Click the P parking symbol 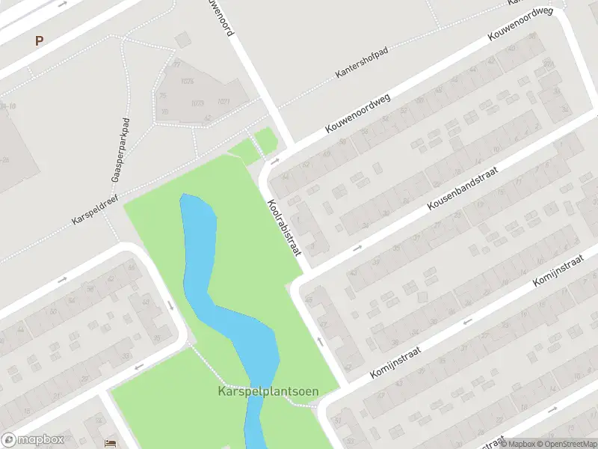(x=39, y=41)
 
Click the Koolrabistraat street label (x=284, y=227)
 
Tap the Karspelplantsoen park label (x=268, y=391)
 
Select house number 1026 (x=187, y=81)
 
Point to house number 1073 (x=197, y=103)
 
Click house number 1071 (x=223, y=101)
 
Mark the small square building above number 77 (x=182, y=40)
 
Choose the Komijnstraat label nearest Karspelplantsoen (x=396, y=362)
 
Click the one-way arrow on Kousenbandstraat (x=357, y=247)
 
